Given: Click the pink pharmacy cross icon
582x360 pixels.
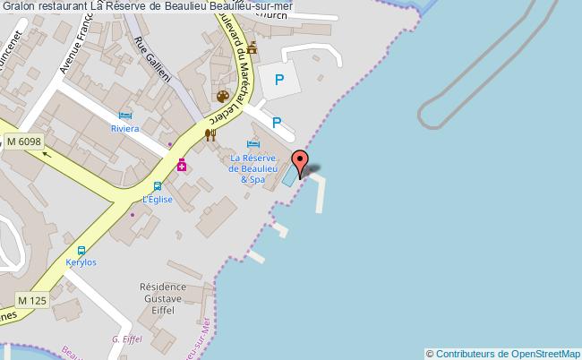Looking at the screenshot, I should [x=182, y=165].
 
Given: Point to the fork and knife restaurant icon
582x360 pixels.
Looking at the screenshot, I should [x=210, y=134].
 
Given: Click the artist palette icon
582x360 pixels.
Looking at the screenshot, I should [x=222, y=96].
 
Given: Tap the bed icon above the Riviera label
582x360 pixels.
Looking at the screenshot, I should [x=125, y=116].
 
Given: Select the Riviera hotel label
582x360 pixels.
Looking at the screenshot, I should [x=125, y=129].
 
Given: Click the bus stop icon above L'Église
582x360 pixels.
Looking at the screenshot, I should [x=157, y=187].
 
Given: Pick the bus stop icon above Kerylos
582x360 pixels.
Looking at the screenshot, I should [x=81, y=252].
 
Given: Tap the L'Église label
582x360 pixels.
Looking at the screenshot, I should [x=156, y=200].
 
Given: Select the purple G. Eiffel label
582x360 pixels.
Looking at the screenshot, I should [x=128, y=339].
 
